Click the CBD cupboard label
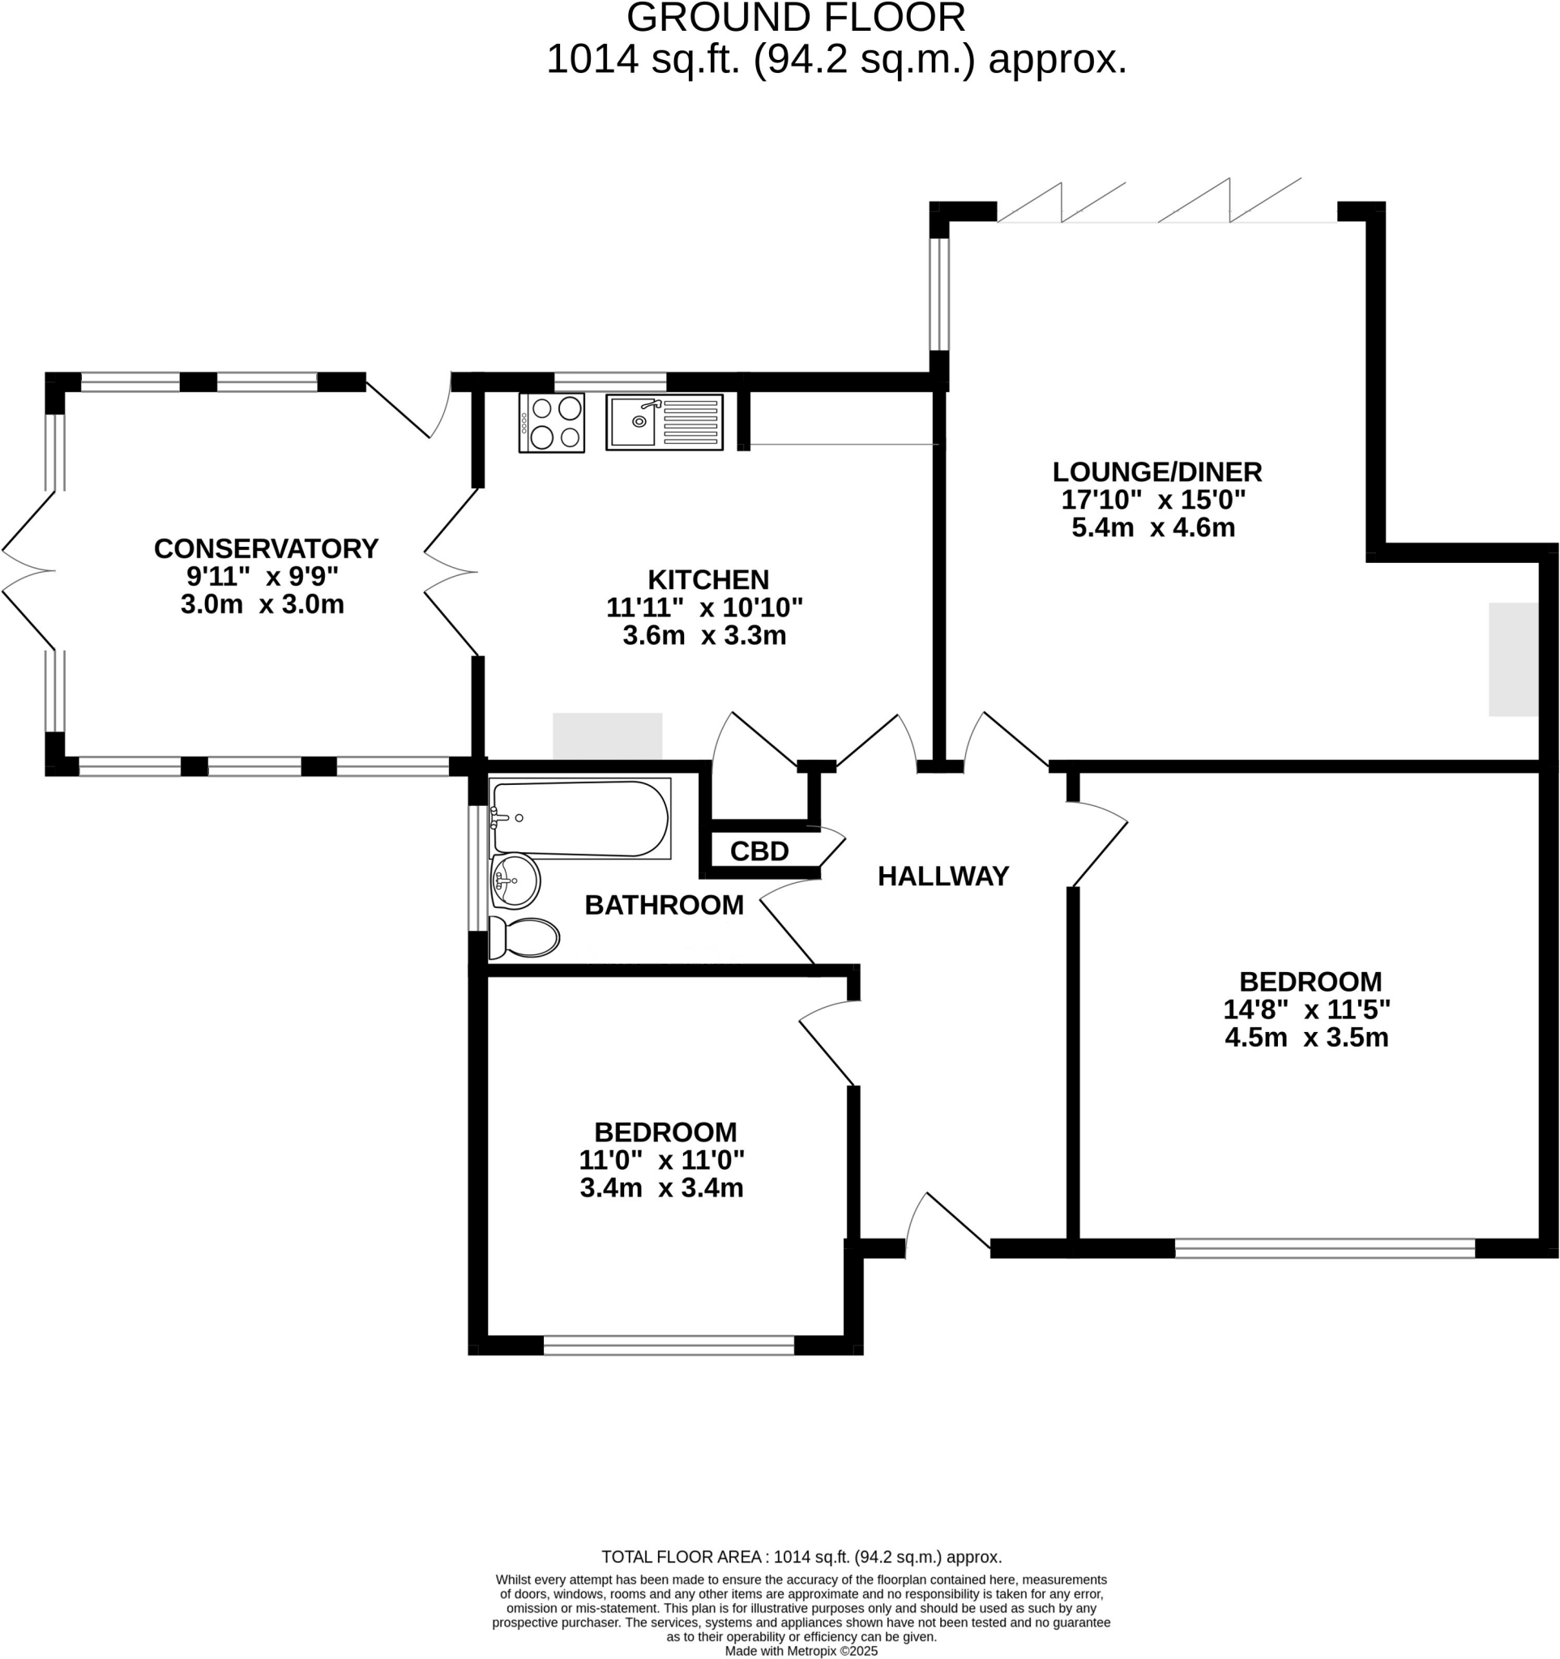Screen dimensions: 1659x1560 tap(759, 851)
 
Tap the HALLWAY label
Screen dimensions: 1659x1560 tap(943, 876)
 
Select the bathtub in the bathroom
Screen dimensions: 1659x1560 tap(580, 819)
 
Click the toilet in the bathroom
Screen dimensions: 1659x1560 tap(524, 937)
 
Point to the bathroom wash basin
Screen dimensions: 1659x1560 tap(515, 881)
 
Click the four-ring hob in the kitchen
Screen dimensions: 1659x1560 tap(551, 422)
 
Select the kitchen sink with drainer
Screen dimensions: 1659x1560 tap(664, 422)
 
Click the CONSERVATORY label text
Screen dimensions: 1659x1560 tap(267, 548)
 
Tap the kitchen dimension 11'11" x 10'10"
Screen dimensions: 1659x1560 tap(703, 607)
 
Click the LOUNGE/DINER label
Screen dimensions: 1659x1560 tap(1157, 471)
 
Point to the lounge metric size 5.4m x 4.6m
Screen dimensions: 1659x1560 tap(1152, 527)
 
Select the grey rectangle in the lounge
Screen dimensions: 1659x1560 tap(1512, 659)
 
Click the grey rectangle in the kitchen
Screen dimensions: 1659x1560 tap(607, 736)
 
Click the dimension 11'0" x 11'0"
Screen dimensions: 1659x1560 tap(661, 1160)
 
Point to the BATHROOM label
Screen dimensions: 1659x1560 tap(664, 905)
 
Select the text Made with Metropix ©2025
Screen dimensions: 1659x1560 tap(801, 1651)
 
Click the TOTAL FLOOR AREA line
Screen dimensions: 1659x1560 tap(801, 1556)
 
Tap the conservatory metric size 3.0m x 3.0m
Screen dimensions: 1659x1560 tap(262, 604)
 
